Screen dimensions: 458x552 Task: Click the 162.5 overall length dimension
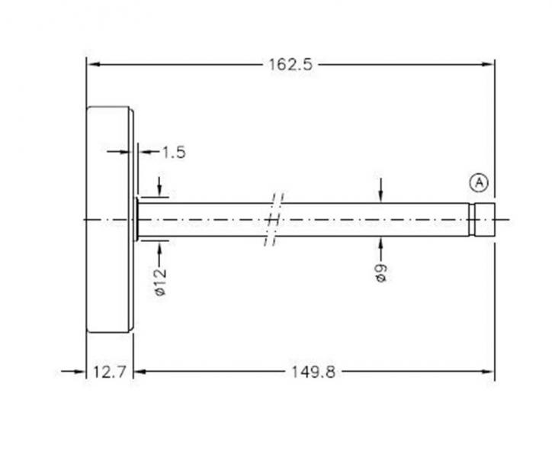[289, 64]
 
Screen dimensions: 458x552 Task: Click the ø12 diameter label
[160, 281]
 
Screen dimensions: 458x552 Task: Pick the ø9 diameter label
[381, 272]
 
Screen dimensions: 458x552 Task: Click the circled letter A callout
[478, 182]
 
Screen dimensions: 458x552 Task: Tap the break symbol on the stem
[274, 220]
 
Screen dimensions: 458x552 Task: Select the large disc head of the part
[110, 220]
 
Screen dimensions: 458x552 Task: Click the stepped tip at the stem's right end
[482, 220]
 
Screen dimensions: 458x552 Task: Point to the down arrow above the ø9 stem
[381, 195]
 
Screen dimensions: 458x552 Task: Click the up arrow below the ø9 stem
[381, 244]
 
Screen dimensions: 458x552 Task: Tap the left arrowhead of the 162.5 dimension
[93, 64]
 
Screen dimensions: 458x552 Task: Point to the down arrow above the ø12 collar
[159, 189]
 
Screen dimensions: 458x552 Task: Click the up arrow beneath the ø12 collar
[159, 246]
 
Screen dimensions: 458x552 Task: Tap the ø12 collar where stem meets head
[136, 220]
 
